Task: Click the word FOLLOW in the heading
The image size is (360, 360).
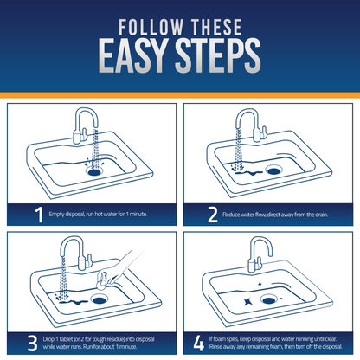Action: pos(151,27)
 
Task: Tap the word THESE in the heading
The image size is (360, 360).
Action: pos(217,27)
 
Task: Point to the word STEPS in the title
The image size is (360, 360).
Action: pos(218,55)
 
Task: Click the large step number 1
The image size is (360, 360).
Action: pos(39,215)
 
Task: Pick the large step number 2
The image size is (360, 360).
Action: pos(213,215)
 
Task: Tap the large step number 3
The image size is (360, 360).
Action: pos(33,344)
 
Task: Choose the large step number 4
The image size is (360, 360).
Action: pos(198,344)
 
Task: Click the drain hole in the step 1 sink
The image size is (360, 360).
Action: pos(94,172)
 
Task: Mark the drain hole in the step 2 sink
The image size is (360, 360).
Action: pos(273,171)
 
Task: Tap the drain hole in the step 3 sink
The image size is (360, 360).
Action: pos(99,300)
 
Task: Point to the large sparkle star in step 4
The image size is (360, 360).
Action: pos(247,302)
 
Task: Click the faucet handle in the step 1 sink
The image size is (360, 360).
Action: pos(85,133)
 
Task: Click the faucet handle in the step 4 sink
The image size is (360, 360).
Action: pos(260,262)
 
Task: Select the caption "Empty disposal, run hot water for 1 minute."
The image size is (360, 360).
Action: pos(98,215)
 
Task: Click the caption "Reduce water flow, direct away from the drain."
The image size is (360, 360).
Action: pos(275,215)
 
